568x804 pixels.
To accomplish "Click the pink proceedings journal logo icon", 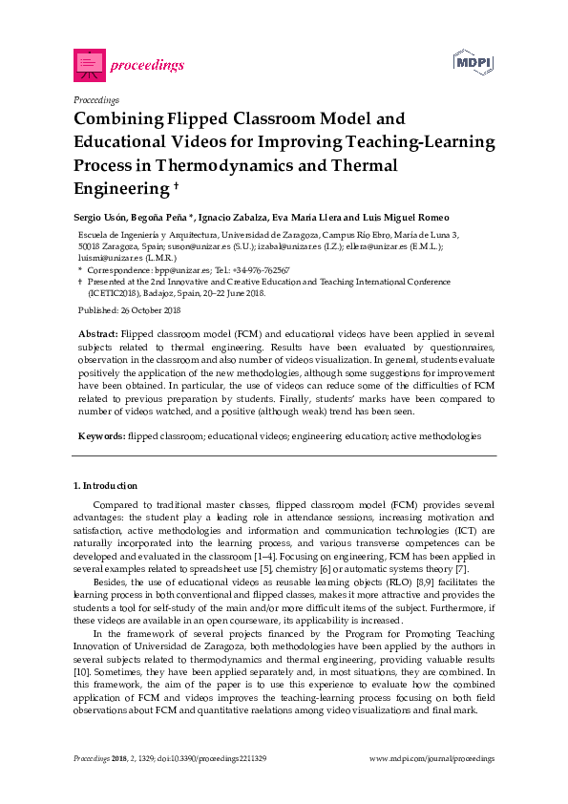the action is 88,65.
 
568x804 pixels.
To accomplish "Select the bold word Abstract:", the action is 98,334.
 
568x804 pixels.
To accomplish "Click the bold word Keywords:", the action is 101,435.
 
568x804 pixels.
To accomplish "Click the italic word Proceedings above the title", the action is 96,99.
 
